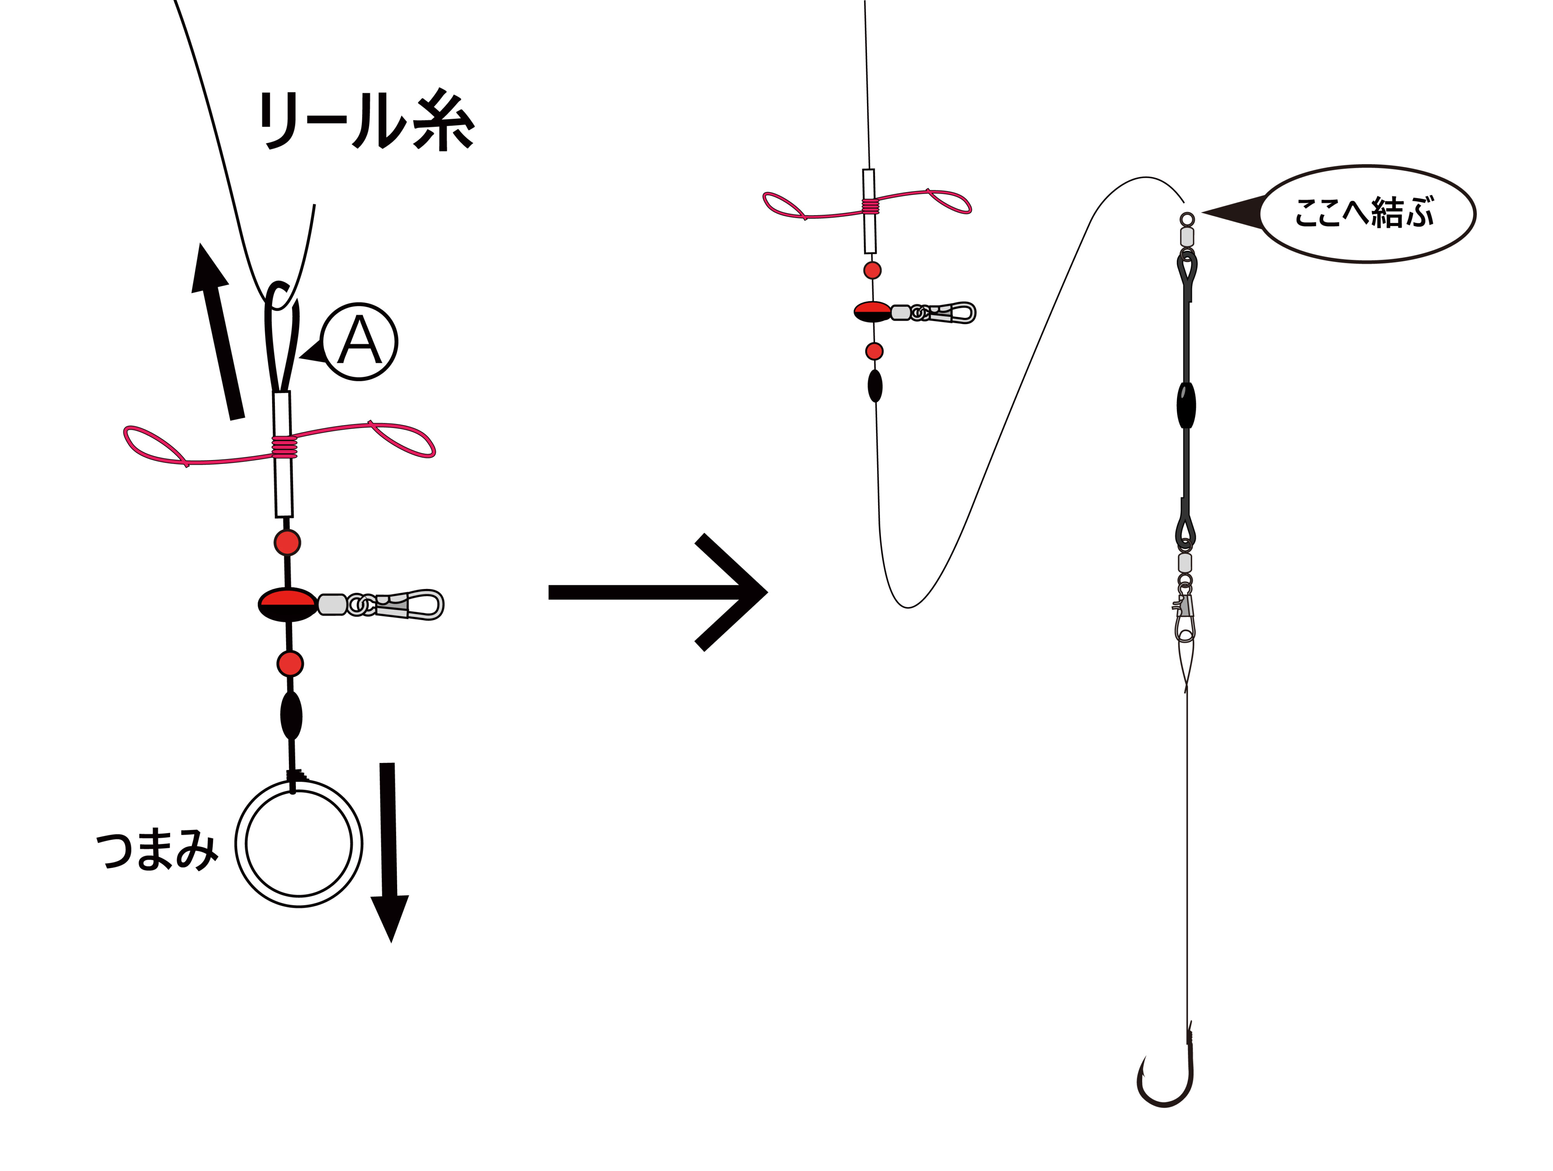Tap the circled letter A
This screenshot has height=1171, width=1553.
pos(360,342)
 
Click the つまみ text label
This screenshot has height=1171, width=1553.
pos(157,850)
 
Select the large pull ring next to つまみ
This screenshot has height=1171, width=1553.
pos(299,843)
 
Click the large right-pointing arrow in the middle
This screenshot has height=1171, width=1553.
pos(657,592)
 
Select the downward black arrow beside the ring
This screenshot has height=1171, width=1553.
pos(389,852)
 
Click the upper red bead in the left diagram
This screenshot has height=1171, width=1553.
pos(287,543)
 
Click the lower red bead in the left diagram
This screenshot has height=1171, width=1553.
pos(290,664)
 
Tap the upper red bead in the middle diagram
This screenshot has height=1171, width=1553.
pos(872,270)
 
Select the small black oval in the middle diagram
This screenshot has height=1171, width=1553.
pos(875,386)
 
